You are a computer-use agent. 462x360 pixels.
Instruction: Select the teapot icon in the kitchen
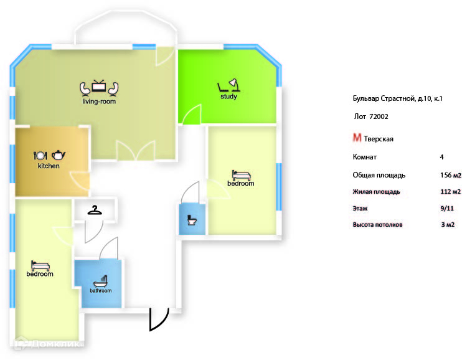(x=59, y=154)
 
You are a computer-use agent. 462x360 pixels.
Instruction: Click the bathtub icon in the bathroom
(x=100, y=280)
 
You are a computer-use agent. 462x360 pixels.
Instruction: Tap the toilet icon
(x=192, y=220)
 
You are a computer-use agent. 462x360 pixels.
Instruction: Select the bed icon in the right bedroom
(x=240, y=175)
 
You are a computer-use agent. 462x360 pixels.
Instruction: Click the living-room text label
(x=99, y=102)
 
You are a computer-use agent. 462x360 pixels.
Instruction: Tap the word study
(x=229, y=97)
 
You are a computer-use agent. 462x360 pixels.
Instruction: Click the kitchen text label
(x=49, y=166)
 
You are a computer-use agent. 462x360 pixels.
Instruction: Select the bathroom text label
(x=100, y=291)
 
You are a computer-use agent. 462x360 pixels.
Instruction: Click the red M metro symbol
(x=357, y=138)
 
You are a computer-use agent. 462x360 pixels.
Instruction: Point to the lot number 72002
(x=379, y=116)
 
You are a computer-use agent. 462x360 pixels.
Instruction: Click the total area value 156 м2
(x=450, y=175)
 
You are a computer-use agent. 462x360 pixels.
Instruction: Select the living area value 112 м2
(x=450, y=192)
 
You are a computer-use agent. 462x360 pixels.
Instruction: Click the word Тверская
(x=379, y=139)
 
